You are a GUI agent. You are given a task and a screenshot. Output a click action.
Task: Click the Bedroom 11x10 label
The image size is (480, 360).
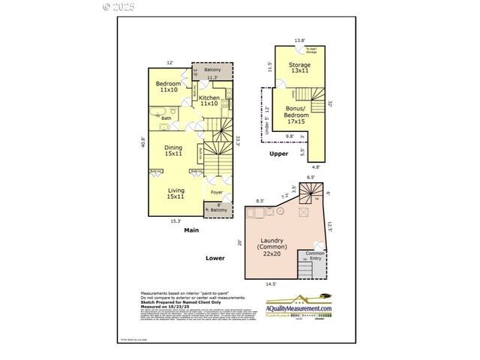coord(168,86)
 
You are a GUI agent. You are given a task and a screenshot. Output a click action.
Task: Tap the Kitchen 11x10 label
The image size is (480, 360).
coord(208,100)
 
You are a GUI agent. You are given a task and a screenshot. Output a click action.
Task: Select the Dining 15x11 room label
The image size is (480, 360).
coord(173,151)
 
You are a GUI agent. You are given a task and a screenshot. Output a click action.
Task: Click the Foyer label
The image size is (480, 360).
coord(216,192)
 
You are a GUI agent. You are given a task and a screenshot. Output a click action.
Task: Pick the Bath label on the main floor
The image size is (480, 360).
coord(166,118)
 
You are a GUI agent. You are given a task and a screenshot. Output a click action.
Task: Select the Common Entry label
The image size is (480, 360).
coord(316,256)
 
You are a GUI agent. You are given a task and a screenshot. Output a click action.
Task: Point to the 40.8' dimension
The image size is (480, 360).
coord(143,141)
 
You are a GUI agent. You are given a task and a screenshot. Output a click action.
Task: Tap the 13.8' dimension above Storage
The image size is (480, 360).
coord(300,40)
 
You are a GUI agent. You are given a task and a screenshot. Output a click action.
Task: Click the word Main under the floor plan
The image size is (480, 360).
coord(191,230)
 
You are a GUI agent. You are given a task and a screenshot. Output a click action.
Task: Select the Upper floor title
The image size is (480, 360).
coord(279,154)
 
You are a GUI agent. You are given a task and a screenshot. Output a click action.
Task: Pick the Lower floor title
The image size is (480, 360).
coord(215,257)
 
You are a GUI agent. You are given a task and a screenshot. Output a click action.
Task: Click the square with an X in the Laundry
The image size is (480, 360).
coord(304,213)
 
